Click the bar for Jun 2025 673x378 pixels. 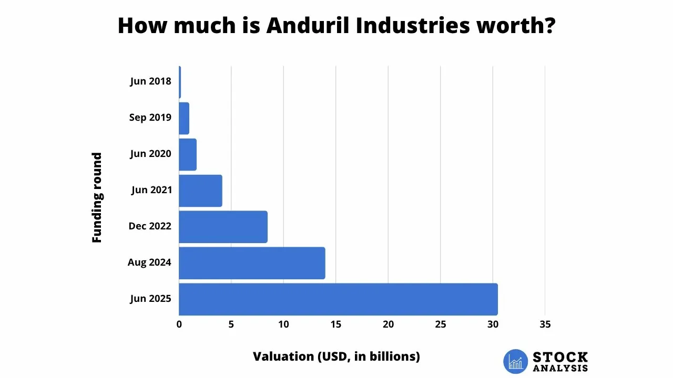click(338, 299)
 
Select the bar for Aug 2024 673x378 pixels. click(252, 263)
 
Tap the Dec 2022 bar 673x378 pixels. click(223, 227)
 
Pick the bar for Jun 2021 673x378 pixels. click(200, 191)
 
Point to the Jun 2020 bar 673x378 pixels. click(188, 154)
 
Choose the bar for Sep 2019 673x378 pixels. click(184, 118)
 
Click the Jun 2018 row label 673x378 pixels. click(150, 81)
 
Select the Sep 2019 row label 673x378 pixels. click(150, 118)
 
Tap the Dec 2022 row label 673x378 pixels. click(150, 226)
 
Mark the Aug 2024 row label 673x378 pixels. click(149, 262)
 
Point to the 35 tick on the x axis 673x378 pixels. click(545, 324)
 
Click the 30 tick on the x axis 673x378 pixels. click(493, 324)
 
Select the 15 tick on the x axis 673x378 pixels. click(336, 324)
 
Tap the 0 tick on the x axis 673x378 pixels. click(179, 324)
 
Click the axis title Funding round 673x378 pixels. click(97, 197)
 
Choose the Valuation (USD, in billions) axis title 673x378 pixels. click(336, 356)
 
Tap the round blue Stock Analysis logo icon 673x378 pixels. click(515, 361)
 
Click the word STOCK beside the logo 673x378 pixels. click(560, 358)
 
